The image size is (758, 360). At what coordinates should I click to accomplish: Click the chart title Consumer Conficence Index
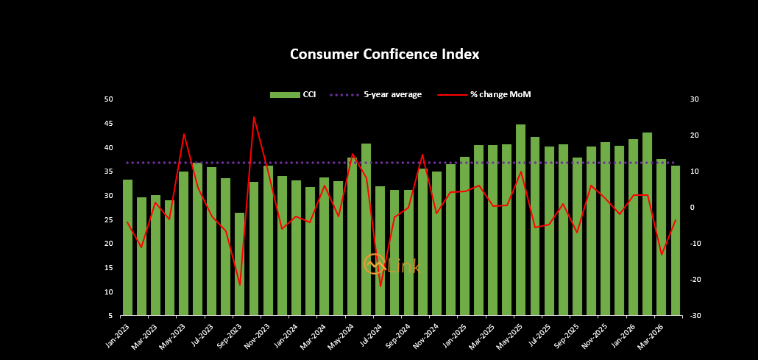click(x=384, y=54)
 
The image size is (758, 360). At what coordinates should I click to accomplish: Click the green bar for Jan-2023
click(x=127, y=247)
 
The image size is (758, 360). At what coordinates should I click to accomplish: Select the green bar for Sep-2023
click(x=240, y=264)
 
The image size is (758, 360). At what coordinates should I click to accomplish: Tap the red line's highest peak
click(x=254, y=117)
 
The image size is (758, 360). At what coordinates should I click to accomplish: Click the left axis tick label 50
click(x=109, y=99)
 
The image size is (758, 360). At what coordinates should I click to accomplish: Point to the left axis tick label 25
click(x=109, y=219)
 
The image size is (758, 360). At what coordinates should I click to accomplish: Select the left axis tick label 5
click(x=110, y=316)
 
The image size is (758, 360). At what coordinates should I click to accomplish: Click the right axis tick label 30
click(x=694, y=99)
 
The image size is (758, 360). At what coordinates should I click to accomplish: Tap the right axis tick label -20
click(x=694, y=280)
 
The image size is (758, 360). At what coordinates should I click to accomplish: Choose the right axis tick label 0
click(x=692, y=208)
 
